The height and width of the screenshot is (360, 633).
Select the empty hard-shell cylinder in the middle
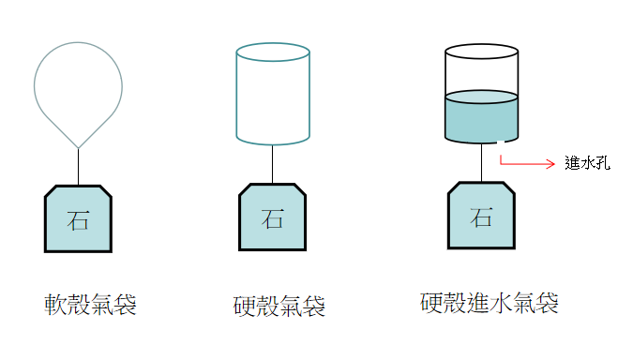[x=273, y=98]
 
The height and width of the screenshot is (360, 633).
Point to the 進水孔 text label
[x=588, y=163]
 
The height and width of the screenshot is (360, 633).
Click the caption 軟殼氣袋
[x=91, y=304]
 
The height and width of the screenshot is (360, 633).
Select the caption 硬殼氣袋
[x=279, y=306]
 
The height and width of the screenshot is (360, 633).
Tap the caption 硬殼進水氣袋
[x=490, y=303]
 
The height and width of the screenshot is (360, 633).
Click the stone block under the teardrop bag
[x=79, y=219]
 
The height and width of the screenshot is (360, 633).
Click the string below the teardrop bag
[x=79, y=167]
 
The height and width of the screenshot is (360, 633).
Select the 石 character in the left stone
[x=79, y=221]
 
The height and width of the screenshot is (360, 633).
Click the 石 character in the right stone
[x=482, y=217]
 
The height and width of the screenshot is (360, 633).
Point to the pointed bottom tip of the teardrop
[x=79, y=146]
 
